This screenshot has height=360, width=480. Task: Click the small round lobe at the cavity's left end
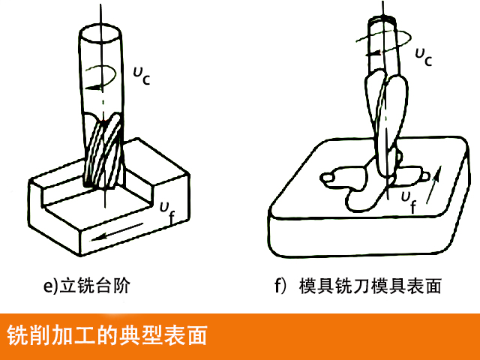click(x=328, y=177)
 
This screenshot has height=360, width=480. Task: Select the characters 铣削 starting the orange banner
click(x=26, y=334)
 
